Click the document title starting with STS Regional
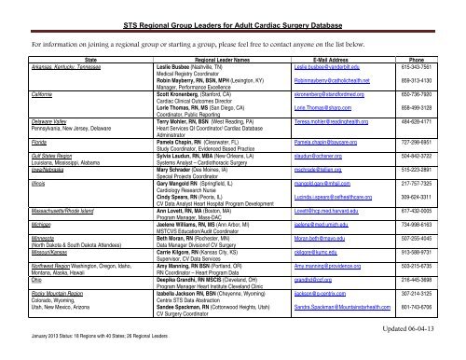(232, 15)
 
